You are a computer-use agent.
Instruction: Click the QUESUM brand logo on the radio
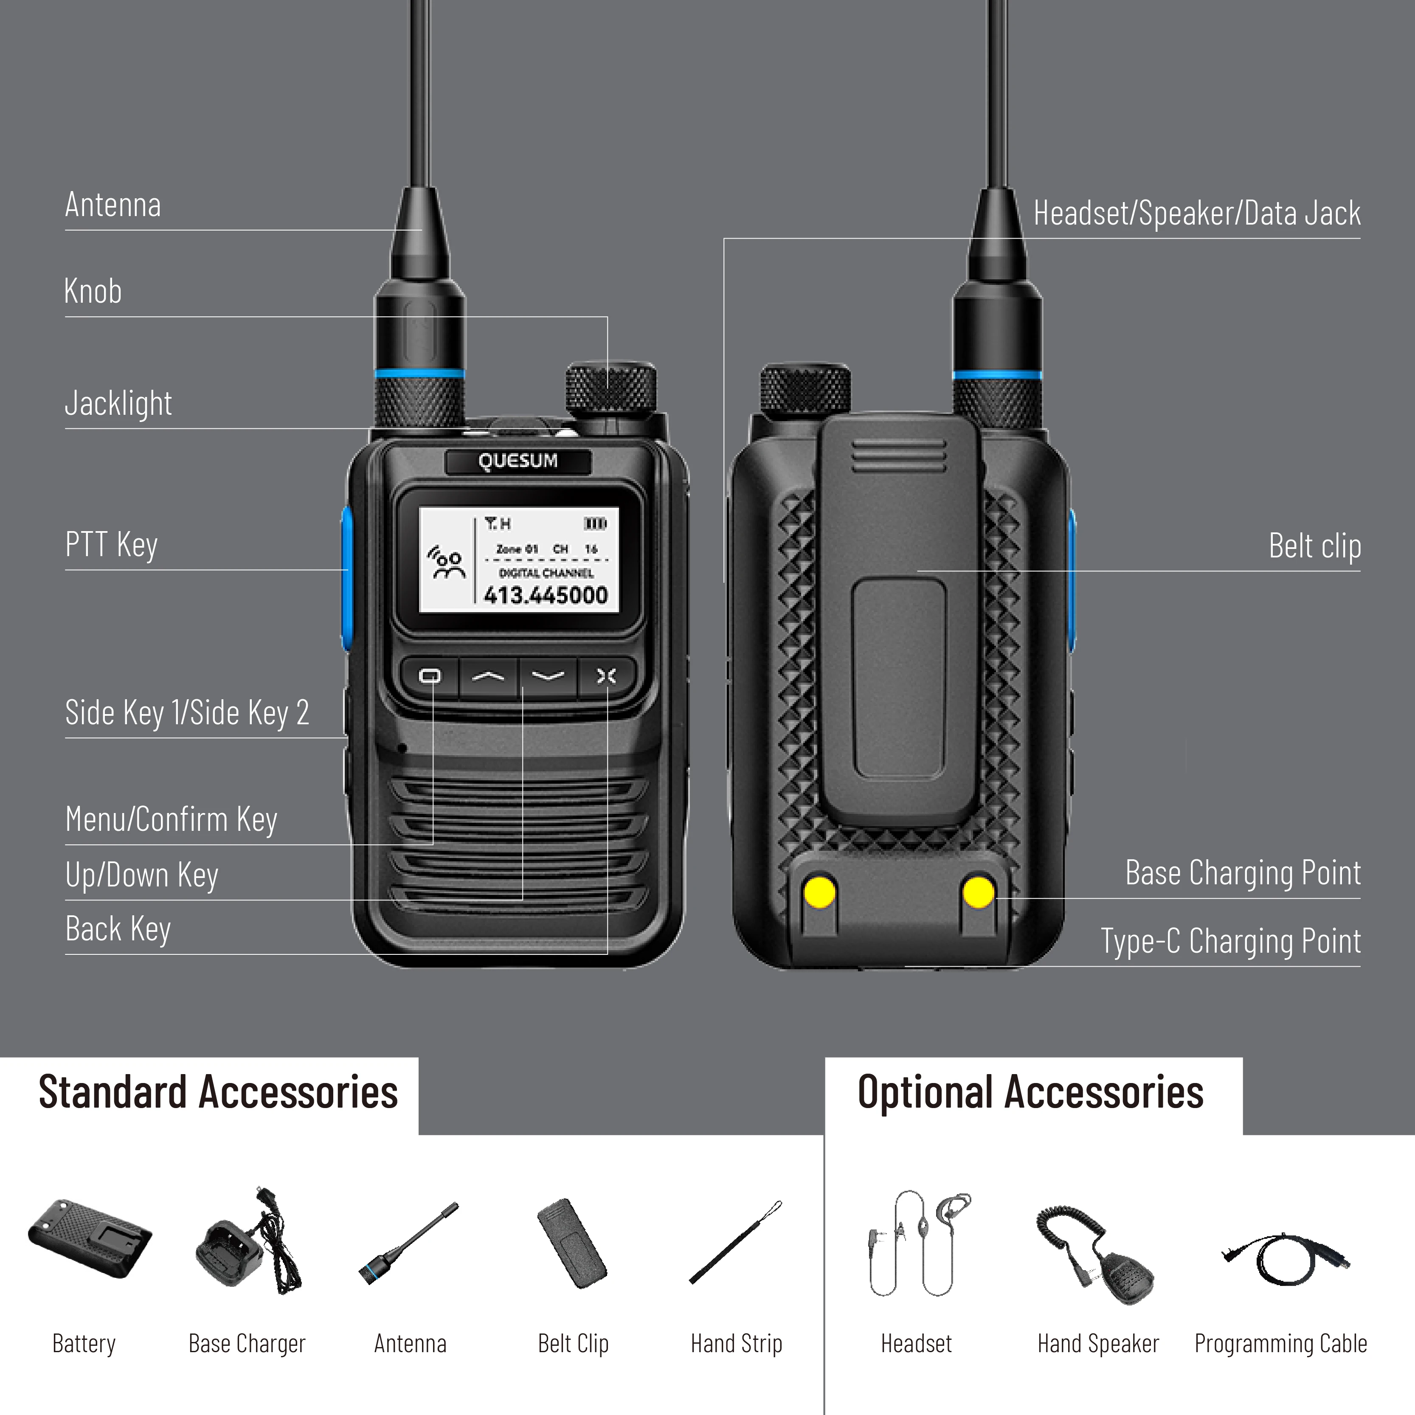coord(518,461)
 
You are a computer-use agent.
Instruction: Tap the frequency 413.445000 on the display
coord(546,595)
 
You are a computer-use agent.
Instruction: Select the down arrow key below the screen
coord(548,676)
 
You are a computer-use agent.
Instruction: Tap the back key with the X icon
coord(606,676)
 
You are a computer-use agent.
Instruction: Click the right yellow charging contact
coord(979,892)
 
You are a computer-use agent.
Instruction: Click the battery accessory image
coord(89,1239)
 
